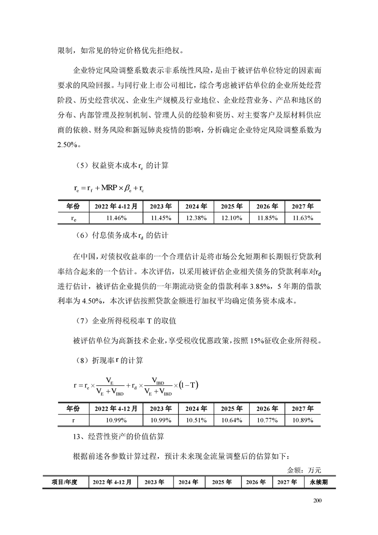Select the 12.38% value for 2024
pyautogui.click(x=196, y=218)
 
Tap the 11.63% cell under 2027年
pyautogui.click(x=302, y=218)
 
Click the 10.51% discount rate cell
pyautogui.click(x=196, y=420)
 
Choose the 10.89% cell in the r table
pyautogui.click(x=302, y=420)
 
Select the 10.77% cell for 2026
pyautogui.click(x=267, y=420)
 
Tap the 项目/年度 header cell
pyautogui.click(x=66, y=482)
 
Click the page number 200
pyautogui.click(x=318, y=500)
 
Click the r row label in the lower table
pyautogui.click(x=72, y=420)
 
